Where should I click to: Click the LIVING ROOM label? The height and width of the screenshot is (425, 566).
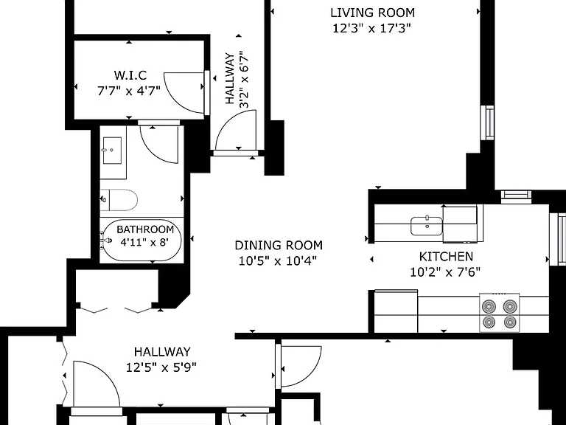372,13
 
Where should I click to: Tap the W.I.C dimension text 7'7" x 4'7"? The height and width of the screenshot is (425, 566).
129,91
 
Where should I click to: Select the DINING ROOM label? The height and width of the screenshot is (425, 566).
279,246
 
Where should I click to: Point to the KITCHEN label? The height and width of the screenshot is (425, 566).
446,257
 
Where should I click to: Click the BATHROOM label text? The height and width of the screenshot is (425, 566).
145,229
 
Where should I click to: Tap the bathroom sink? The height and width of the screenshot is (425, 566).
112,151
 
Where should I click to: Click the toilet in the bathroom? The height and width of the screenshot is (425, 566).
119,200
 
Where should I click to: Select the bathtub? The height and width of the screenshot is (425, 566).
141,240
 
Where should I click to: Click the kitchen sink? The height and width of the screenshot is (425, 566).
426,226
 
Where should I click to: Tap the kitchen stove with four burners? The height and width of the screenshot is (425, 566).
499,313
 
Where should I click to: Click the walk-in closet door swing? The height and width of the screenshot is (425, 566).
185,92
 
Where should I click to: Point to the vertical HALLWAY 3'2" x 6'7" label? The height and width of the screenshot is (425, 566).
237,79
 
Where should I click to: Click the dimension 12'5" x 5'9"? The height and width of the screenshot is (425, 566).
161,367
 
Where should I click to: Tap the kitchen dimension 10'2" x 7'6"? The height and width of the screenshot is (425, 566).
445,272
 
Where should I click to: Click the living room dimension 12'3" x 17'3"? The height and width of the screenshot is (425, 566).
371,28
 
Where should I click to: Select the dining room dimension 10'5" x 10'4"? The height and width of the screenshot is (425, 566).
278,260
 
